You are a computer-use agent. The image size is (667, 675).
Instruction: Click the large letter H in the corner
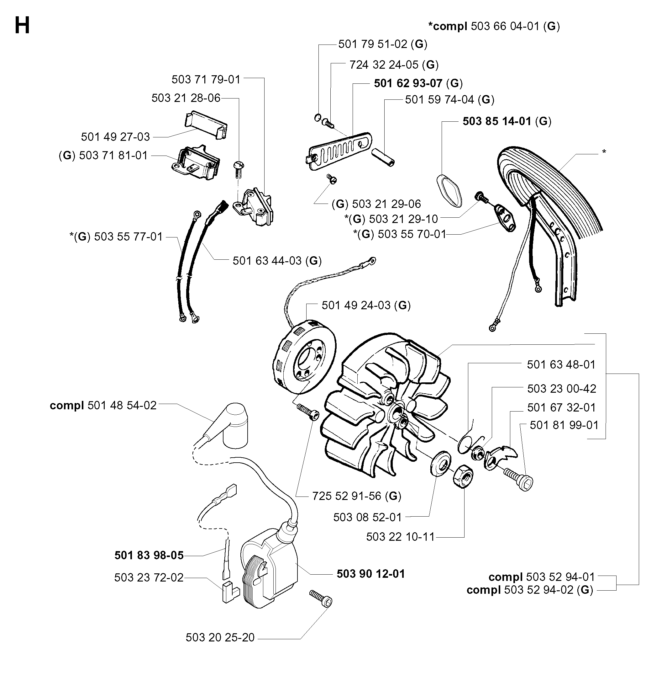click(x=22, y=26)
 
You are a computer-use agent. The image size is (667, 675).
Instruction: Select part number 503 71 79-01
click(x=206, y=79)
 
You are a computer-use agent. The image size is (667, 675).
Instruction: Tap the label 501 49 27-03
click(x=115, y=137)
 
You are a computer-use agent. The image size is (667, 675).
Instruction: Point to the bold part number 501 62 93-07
click(x=408, y=83)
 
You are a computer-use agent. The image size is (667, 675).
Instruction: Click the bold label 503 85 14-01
click(x=496, y=121)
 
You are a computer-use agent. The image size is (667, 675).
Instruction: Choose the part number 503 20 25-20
click(x=220, y=637)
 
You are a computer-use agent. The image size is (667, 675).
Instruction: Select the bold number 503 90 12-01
click(x=370, y=574)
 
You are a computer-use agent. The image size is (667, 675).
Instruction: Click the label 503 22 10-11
click(x=400, y=537)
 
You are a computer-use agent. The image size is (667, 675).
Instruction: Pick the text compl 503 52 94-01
click(x=542, y=577)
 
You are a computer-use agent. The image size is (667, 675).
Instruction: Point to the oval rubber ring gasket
click(x=449, y=190)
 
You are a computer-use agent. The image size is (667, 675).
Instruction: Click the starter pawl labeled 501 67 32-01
click(x=500, y=457)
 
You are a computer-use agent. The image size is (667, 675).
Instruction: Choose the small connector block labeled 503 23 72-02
click(x=230, y=592)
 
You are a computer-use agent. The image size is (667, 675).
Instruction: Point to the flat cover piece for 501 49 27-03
click(x=206, y=125)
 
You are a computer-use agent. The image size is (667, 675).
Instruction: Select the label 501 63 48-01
click(x=561, y=364)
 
